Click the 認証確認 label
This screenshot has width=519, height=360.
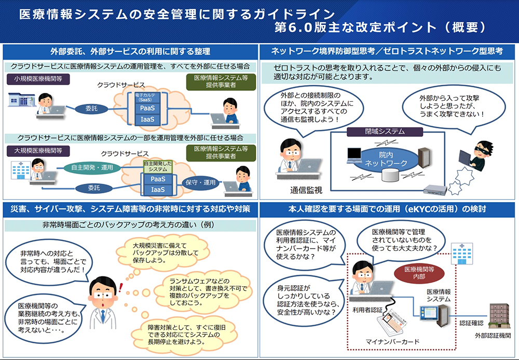(x=469, y=323)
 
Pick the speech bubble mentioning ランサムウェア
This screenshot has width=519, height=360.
(x=206, y=290)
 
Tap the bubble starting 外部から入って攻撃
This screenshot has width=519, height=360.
(x=447, y=106)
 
